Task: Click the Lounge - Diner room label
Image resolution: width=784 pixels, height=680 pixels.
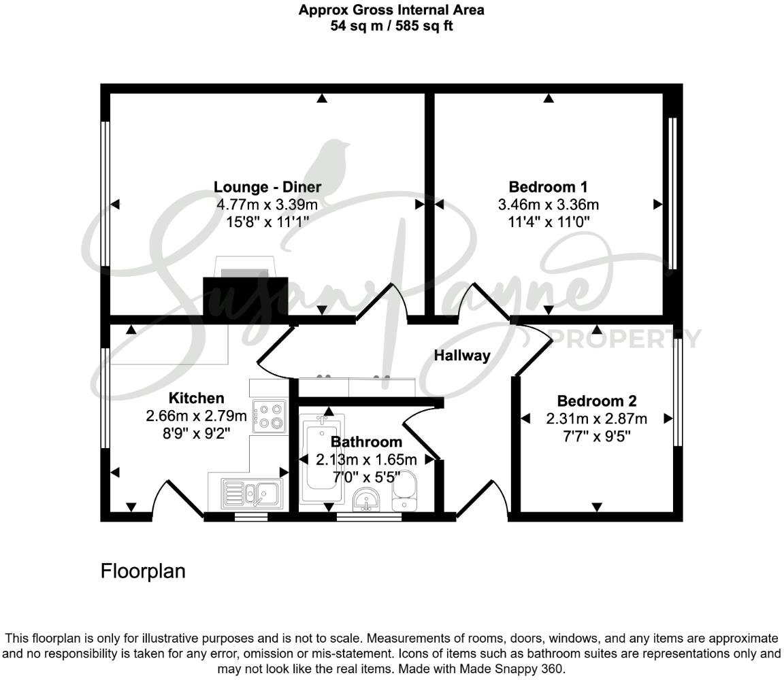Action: pyautogui.click(x=267, y=187)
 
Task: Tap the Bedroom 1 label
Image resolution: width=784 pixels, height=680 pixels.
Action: pyautogui.click(x=548, y=187)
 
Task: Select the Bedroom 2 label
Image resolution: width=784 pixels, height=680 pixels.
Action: pyautogui.click(x=596, y=401)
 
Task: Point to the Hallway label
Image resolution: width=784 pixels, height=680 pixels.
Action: pyautogui.click(x=462, y=355)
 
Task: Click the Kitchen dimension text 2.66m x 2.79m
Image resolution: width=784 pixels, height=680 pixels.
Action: pyautogui.click(x=196, y=415)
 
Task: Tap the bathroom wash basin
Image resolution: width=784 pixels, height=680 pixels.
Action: pyautogui.click(x=367, y=499)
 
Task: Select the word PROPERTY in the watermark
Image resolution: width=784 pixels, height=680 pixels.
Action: pyautogui.click(x=625, y=338)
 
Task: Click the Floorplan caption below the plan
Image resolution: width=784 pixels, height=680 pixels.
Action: pyautogui.click(x=143, y=571)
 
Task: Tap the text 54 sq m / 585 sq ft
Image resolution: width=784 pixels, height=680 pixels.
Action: pyautogui.click(x=391, y=27)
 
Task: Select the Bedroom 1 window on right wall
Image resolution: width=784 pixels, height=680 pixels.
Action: pyautogui.click(x=672, y=194)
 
